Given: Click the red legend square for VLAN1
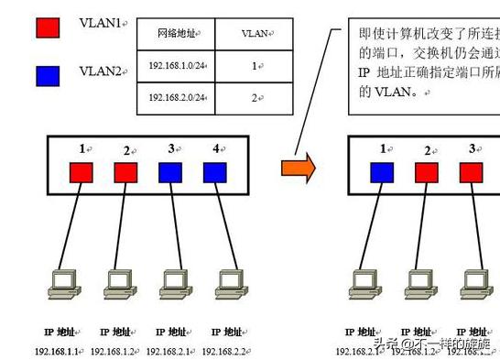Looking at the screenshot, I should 47,27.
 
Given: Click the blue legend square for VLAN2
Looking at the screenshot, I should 47,73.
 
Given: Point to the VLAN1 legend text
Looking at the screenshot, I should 103,25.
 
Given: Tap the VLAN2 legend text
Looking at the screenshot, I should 103,71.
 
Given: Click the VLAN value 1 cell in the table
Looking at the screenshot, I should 255,66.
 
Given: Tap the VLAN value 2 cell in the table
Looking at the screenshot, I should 255,96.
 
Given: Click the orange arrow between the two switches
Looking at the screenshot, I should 299,167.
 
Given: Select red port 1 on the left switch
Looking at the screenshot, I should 82,171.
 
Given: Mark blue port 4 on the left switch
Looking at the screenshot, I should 215,171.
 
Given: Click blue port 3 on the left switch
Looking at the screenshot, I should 170,171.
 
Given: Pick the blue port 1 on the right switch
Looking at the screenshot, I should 382,171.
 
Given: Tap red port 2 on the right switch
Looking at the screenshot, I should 427,171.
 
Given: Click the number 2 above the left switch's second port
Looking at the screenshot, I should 127,149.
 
